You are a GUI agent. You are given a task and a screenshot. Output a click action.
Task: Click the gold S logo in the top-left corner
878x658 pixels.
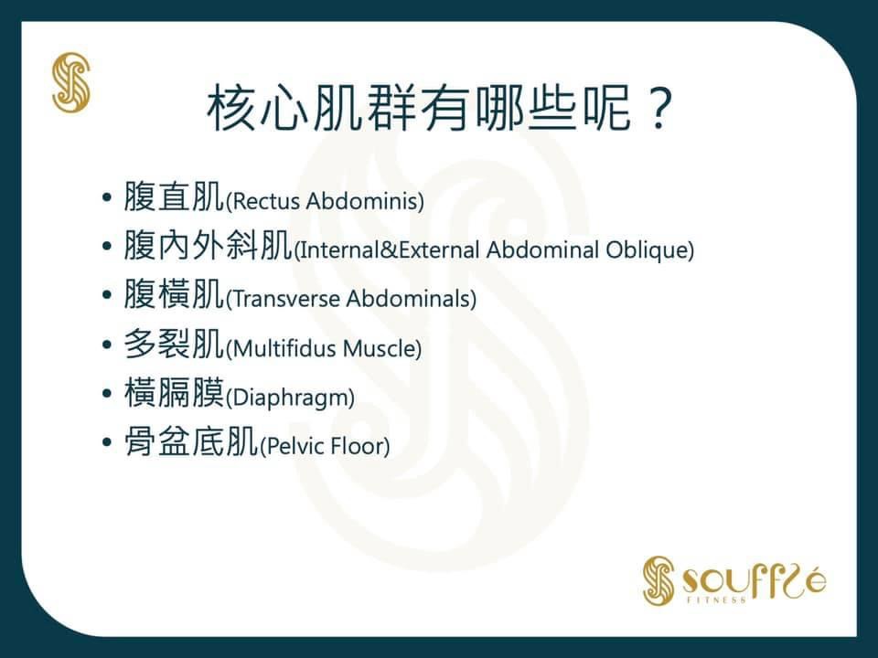(71, 82)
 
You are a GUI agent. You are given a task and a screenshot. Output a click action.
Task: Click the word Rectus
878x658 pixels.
(266, 201)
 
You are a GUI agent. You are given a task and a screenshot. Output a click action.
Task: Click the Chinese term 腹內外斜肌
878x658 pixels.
(208, 245)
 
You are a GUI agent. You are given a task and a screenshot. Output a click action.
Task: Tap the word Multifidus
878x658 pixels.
(284, 348)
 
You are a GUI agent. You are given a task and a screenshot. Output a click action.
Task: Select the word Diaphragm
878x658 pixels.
(290, 398)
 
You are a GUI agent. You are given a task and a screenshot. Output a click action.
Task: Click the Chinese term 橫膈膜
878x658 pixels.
(174, 393)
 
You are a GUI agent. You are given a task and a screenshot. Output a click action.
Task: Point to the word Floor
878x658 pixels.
(356, 447)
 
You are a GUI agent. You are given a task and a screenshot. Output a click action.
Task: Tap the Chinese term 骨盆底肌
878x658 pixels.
(191, 441)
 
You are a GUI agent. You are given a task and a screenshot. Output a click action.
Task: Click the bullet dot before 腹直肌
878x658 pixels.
(107, 197)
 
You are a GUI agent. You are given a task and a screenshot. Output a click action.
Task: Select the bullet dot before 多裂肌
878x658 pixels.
(107, 345)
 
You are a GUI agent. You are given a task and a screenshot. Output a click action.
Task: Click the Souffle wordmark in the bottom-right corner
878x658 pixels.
(754, 581)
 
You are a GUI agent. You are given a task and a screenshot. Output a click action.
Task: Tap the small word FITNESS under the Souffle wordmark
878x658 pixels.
(717, 600)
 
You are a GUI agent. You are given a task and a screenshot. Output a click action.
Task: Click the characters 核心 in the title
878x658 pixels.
(257, 108)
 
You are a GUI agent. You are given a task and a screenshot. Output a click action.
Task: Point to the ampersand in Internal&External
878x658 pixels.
(389, 250)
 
